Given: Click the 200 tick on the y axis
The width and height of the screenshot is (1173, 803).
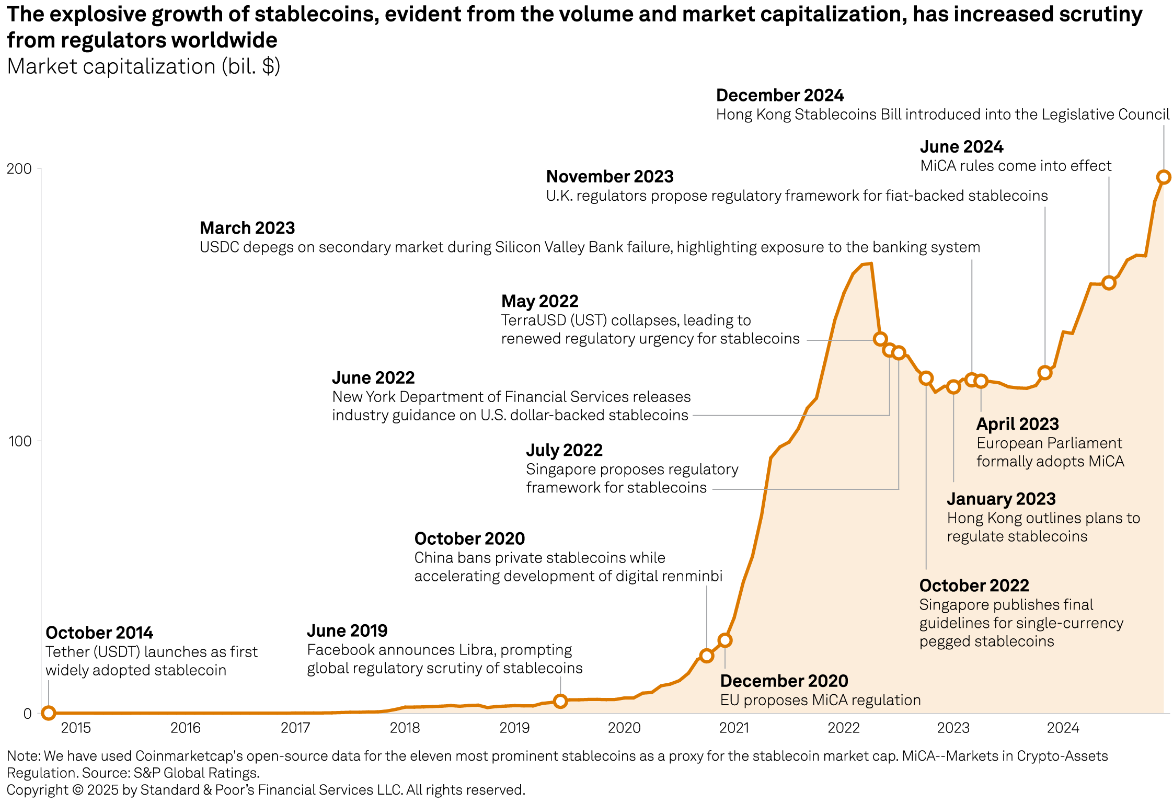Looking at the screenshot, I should point(19,169).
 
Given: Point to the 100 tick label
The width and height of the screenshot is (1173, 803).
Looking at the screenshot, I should point(20,441).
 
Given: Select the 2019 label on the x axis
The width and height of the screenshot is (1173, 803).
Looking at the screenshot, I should point(514,728).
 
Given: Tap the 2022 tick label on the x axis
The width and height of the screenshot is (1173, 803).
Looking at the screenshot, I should point(843,728).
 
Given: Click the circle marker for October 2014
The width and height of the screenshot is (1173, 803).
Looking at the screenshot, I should point(48,713).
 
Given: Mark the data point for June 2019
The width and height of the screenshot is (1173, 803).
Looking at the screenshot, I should point(560,701).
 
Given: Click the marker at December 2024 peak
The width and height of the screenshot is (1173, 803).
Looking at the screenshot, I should point(1164,177).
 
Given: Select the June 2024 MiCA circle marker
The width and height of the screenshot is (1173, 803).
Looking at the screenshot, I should point(1109,283).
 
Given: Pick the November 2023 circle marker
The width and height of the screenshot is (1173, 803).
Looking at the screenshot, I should point(1045,373).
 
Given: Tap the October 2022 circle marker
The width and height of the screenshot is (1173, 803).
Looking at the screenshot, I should point(926,378).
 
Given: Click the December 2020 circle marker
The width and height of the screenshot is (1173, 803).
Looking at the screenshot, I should point(724,640).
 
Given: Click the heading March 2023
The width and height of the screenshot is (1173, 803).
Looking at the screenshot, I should point(247,228).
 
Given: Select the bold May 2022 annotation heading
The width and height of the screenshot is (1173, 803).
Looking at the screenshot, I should point(539,302).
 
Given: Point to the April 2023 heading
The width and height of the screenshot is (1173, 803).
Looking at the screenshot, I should point(1017,424).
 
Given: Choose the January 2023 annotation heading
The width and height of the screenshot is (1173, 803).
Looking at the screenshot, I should point(1001,499).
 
